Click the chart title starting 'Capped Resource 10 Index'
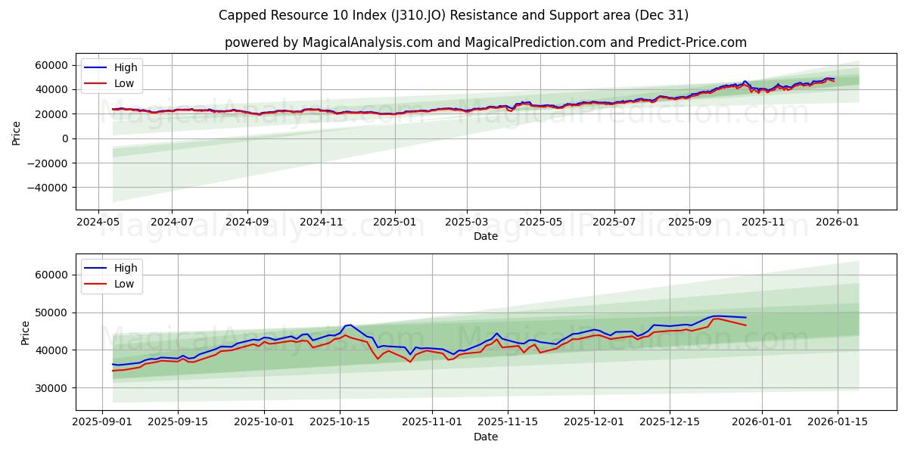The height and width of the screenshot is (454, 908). coord(453,15)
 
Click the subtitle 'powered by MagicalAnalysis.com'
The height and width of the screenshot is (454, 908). coord(485,42)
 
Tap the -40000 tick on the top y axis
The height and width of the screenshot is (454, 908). coord(48,188)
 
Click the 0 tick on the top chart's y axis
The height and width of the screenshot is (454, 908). coord(66,138)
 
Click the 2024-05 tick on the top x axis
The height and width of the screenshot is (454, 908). coord(98,223)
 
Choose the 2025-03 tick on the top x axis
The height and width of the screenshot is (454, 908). coord(467,223)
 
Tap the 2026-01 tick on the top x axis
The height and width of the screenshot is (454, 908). coord(836,223)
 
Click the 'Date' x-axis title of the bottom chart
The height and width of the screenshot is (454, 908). coord(485,437)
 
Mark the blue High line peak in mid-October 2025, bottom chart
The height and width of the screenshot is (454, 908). coord(349,325)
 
